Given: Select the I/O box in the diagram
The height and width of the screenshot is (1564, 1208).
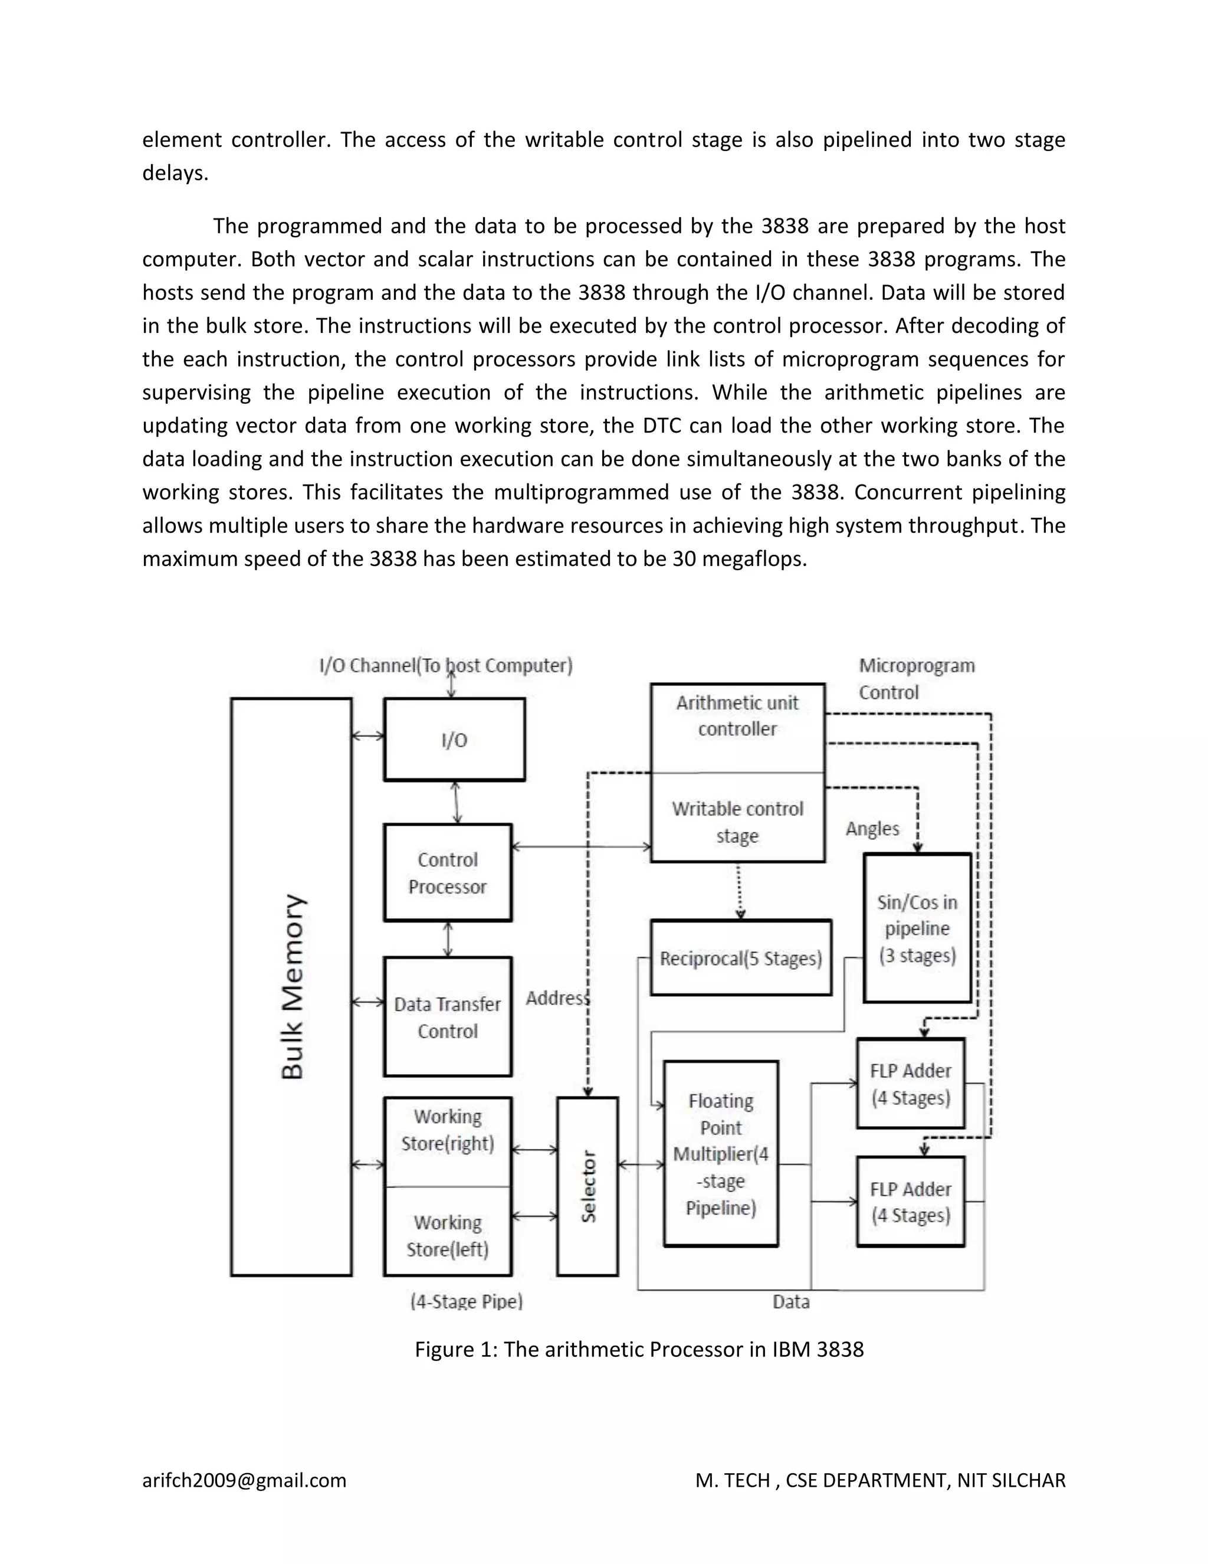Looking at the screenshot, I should point(454,740).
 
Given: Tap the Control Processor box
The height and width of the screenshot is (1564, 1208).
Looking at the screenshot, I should point(447,873).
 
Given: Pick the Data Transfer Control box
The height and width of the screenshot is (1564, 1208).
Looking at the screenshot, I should point(447,1017).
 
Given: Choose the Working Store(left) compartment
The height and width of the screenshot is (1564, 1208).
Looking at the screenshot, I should point(447,1235).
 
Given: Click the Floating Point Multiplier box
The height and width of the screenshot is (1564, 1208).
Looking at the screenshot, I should point(721,1154).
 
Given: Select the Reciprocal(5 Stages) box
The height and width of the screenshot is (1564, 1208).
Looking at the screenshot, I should point(741,958).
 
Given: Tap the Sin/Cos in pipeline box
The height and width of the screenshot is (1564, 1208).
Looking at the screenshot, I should point(917,928).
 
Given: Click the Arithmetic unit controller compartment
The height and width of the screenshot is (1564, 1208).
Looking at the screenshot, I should point(737,716).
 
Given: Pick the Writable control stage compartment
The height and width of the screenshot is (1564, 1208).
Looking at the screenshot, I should point(737,822).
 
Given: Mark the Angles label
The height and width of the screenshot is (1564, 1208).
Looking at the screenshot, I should point(872,829).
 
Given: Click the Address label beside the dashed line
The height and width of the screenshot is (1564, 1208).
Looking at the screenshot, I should point(557,997).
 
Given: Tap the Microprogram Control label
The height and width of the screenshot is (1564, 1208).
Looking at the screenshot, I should point(916,678).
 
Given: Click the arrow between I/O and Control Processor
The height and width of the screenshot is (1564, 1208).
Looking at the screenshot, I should point(456,802).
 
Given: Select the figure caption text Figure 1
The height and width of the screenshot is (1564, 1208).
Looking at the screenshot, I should point(638,1349).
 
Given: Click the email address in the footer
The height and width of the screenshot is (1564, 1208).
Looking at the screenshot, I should point(244,1480).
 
